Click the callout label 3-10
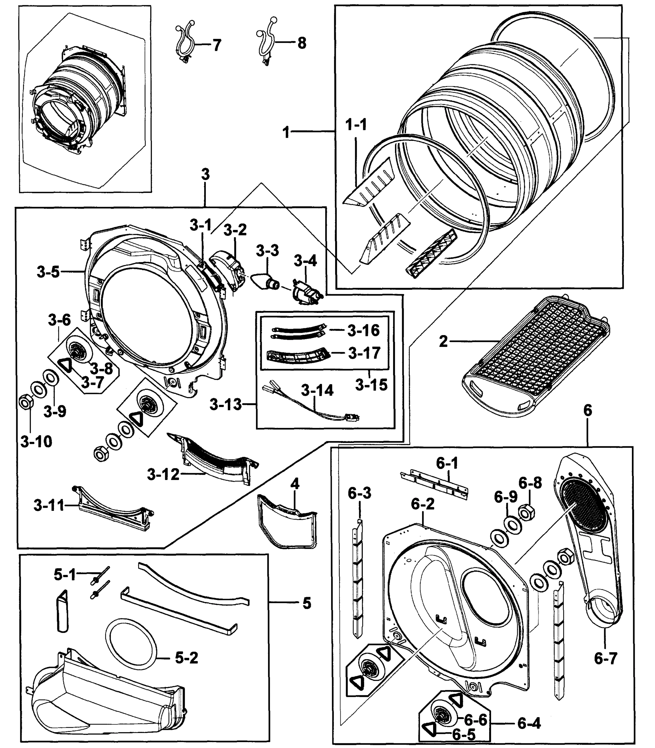pos(36,442)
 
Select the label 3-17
pos(364,353)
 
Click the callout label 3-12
pos(163,475)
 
